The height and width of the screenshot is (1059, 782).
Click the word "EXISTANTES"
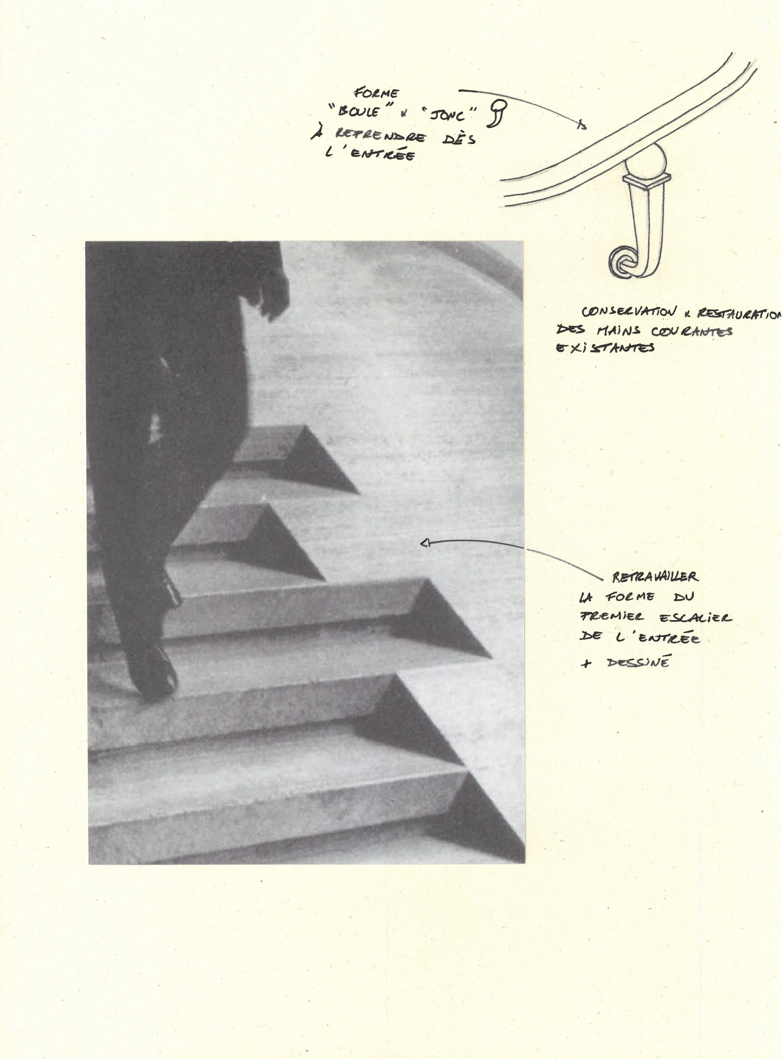coord(606,348)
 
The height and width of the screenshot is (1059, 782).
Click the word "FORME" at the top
coord(377,93)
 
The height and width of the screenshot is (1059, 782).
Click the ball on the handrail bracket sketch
coord(647,160)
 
